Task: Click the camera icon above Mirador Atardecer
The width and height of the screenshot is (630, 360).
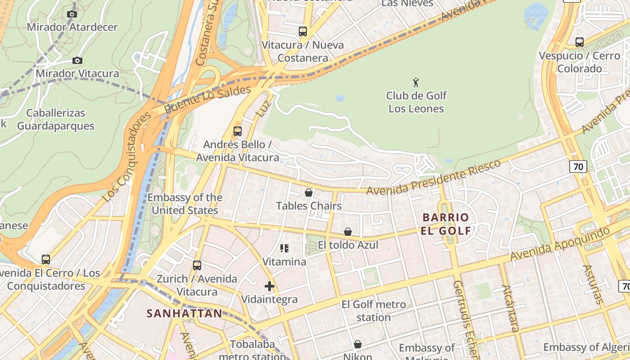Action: (72, 14)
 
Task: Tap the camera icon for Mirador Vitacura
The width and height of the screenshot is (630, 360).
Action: (77, 60)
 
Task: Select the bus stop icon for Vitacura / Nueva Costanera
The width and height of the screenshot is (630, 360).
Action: (303, 31)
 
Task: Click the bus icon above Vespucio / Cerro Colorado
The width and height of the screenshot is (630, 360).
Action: (580, 42)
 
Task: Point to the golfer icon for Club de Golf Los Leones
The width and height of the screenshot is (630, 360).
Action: (416, 82)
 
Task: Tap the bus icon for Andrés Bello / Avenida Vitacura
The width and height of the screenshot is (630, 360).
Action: (238, 131)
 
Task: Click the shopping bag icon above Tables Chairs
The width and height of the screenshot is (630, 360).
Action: (309, 193)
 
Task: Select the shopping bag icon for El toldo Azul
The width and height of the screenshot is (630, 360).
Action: (348, 232)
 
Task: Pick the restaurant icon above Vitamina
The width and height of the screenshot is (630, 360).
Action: (284, 248)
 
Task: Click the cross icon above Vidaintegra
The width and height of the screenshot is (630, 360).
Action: (270, 286)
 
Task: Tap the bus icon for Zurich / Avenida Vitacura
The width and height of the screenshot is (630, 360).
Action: (197, 265)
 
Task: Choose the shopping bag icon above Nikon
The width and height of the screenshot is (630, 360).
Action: (358, 344)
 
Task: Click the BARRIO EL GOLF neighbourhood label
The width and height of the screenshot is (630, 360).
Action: (446, 224)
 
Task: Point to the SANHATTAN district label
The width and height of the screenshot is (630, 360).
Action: (184, 314)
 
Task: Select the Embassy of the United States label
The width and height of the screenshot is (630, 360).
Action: (185, 204)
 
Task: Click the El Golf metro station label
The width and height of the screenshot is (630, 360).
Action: (373, 310)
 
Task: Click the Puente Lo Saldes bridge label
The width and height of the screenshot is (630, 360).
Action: (207, 99)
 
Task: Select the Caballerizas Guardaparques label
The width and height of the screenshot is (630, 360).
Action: (56, 119)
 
